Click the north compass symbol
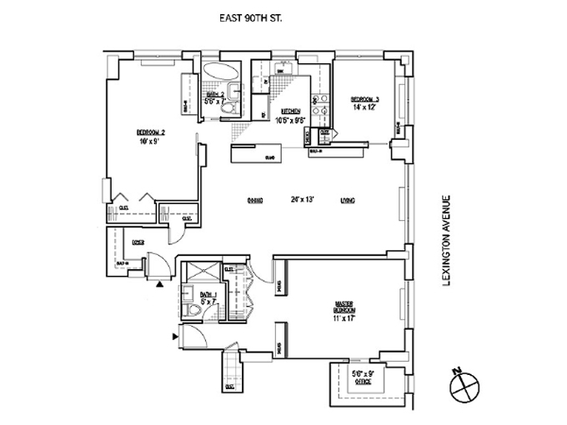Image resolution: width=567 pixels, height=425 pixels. coord(462,387)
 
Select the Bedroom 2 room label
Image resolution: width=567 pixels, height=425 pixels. coord(152,132)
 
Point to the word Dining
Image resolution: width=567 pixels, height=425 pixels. coord(255,200)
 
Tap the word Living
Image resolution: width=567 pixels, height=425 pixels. coord(348,200)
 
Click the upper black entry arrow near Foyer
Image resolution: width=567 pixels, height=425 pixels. coord(159,284)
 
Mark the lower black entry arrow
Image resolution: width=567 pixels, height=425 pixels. coord(174,337)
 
